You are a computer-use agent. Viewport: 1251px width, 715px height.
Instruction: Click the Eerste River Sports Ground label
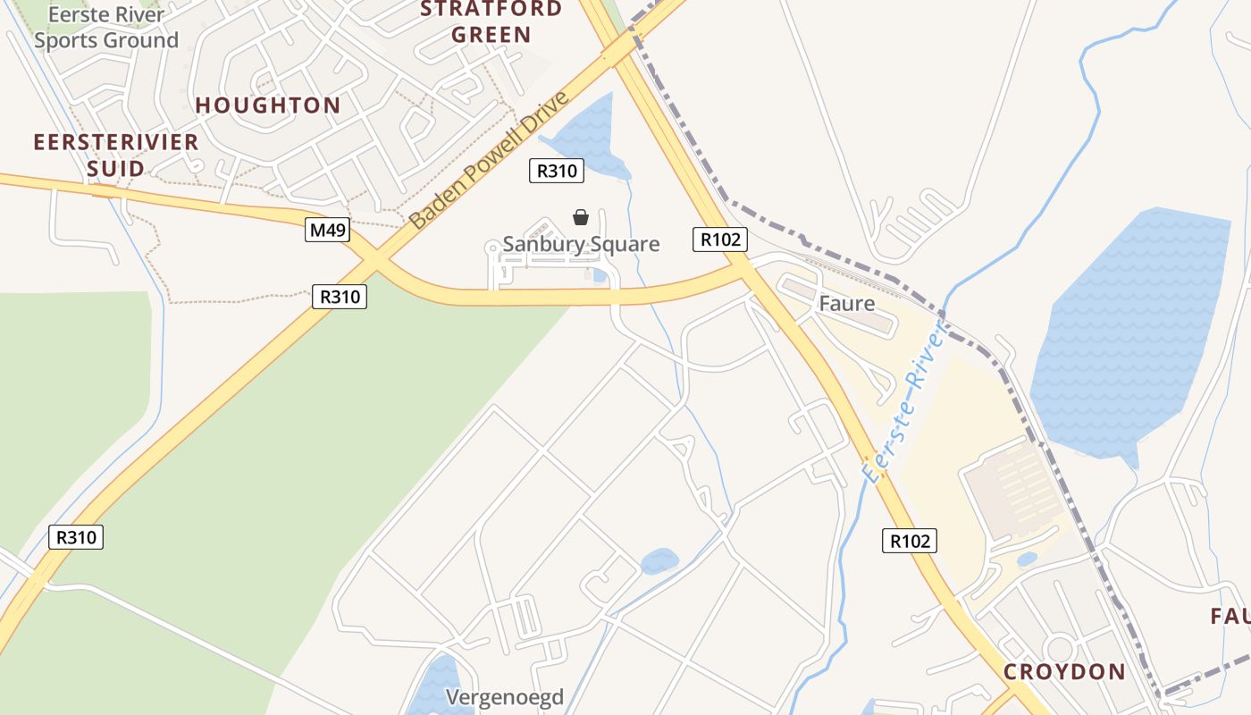tap(106, 28)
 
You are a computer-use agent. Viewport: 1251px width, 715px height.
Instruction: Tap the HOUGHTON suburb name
tap(268, 105)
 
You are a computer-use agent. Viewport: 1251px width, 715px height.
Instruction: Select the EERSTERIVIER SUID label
tap(115, 155)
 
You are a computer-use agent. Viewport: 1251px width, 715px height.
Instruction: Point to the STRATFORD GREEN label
tap(491, 22)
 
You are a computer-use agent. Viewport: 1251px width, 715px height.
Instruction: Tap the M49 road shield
tap(327, 231)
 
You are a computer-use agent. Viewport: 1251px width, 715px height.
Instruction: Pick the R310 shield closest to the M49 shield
tap(340, 297)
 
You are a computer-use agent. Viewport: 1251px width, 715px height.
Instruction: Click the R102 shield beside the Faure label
tap(719, 240)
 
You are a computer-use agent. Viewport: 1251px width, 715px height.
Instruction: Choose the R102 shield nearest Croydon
tap(910, 540)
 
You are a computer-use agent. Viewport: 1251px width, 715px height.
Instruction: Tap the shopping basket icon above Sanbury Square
tap(581, 216)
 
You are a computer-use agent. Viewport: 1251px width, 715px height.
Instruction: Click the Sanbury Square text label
tap(581, 244)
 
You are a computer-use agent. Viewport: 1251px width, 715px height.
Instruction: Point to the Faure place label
tap(846, 304)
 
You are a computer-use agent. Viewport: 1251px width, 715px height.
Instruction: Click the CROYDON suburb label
tap(1063, 671)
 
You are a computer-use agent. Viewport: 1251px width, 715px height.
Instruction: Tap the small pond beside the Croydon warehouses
tap(1027, 559)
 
